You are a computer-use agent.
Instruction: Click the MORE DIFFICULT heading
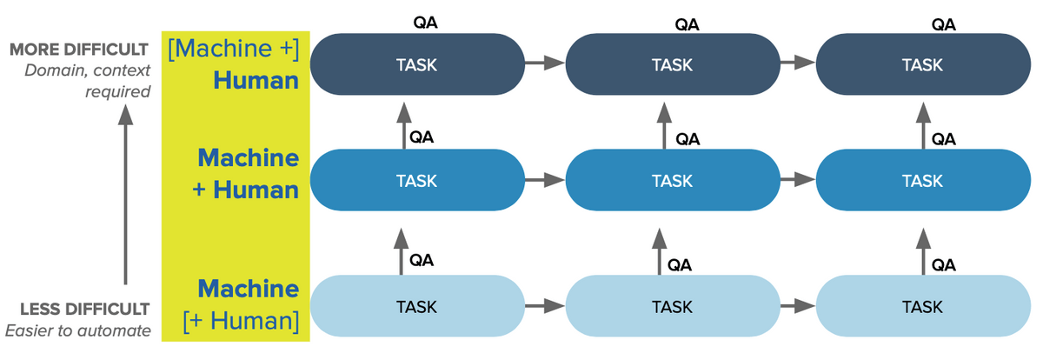[80, 50]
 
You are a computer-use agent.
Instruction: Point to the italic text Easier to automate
[78, 330]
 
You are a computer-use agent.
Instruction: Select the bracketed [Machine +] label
[234, 49]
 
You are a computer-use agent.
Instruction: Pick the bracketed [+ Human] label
[242, 320]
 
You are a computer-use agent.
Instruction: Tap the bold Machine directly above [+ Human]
[249, 289]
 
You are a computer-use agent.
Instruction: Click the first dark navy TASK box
[416, 63]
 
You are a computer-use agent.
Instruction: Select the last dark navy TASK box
[922, 63]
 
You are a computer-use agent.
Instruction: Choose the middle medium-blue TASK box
[672, 181]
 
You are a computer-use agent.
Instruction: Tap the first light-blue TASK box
[416, 306]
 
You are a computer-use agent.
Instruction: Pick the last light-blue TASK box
[922, 306]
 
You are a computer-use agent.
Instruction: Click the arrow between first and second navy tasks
[543, 63]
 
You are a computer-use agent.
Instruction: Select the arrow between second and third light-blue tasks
[796, 306]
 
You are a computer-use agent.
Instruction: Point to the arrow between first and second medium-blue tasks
[543, 181]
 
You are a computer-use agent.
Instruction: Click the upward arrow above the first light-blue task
[402, 250]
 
